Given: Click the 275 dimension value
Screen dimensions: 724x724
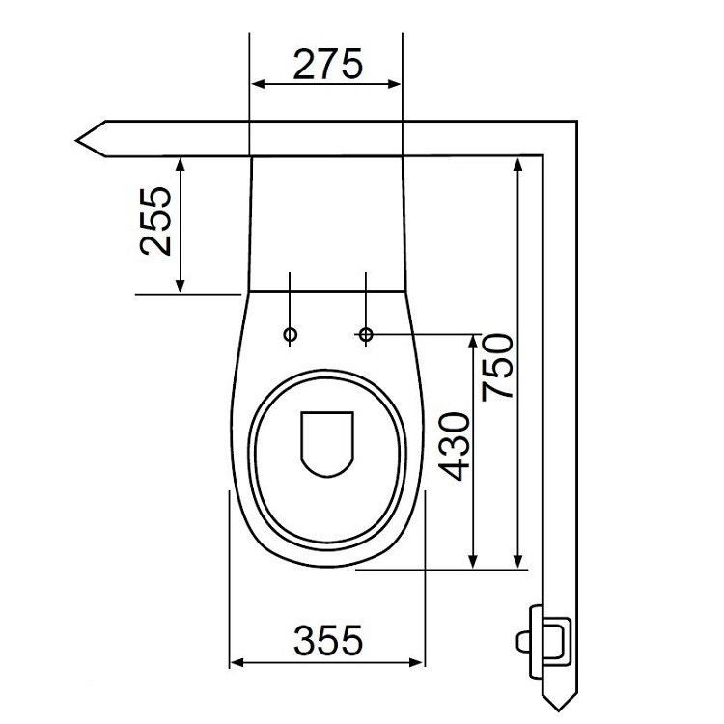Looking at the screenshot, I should pos(326,64).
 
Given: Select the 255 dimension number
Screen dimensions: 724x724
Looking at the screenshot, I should pos(156,221).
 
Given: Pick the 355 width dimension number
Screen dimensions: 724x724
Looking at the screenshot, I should pos(327,639).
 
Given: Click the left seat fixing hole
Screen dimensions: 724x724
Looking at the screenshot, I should pos(290,334).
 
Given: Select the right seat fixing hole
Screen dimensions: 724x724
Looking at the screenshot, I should pos(366,334).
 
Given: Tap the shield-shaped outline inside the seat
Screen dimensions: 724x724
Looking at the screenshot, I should pos(326,443).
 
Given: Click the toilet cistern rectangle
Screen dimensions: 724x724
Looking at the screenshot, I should pos(326,222).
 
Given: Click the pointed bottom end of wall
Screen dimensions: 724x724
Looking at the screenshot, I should pos(561,703).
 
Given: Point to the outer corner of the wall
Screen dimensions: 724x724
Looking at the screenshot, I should pos(576,123).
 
